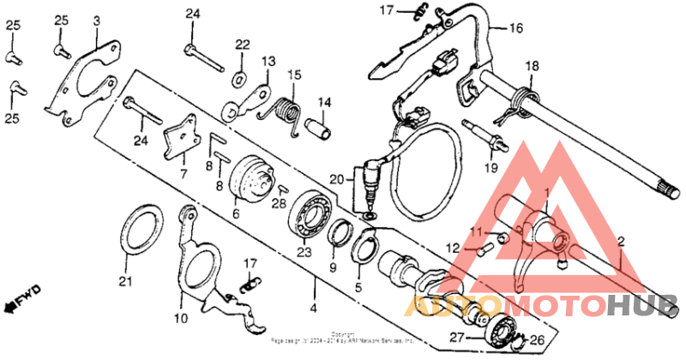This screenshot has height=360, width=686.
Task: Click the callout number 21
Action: point(126,280)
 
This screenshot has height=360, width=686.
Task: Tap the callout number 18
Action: point(532,67)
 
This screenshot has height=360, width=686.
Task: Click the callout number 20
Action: point(337,178)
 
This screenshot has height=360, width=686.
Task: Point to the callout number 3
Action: point(96,20)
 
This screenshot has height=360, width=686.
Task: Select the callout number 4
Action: point(313,307)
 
